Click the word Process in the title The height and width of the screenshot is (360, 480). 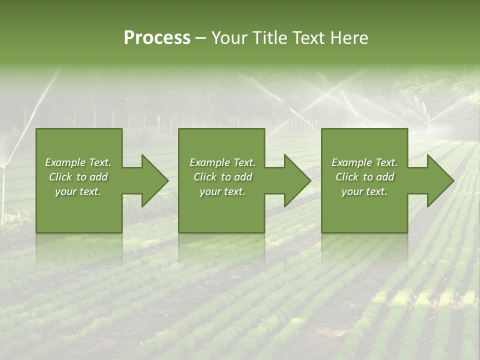157,38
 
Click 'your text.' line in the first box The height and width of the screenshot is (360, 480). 78,191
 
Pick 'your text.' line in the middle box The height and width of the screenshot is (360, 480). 222,191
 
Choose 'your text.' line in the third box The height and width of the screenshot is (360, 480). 364,191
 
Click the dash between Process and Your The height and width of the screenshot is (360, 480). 200,38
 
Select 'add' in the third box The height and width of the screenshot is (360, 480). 385,177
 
